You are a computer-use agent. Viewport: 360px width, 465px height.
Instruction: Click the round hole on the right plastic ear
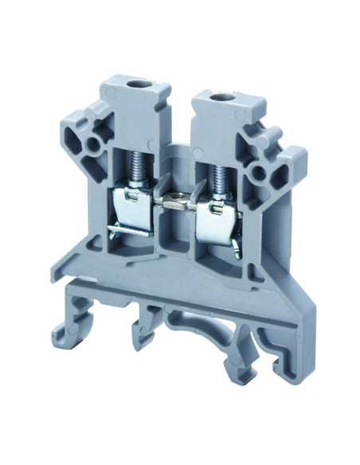tap(258, 172)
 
